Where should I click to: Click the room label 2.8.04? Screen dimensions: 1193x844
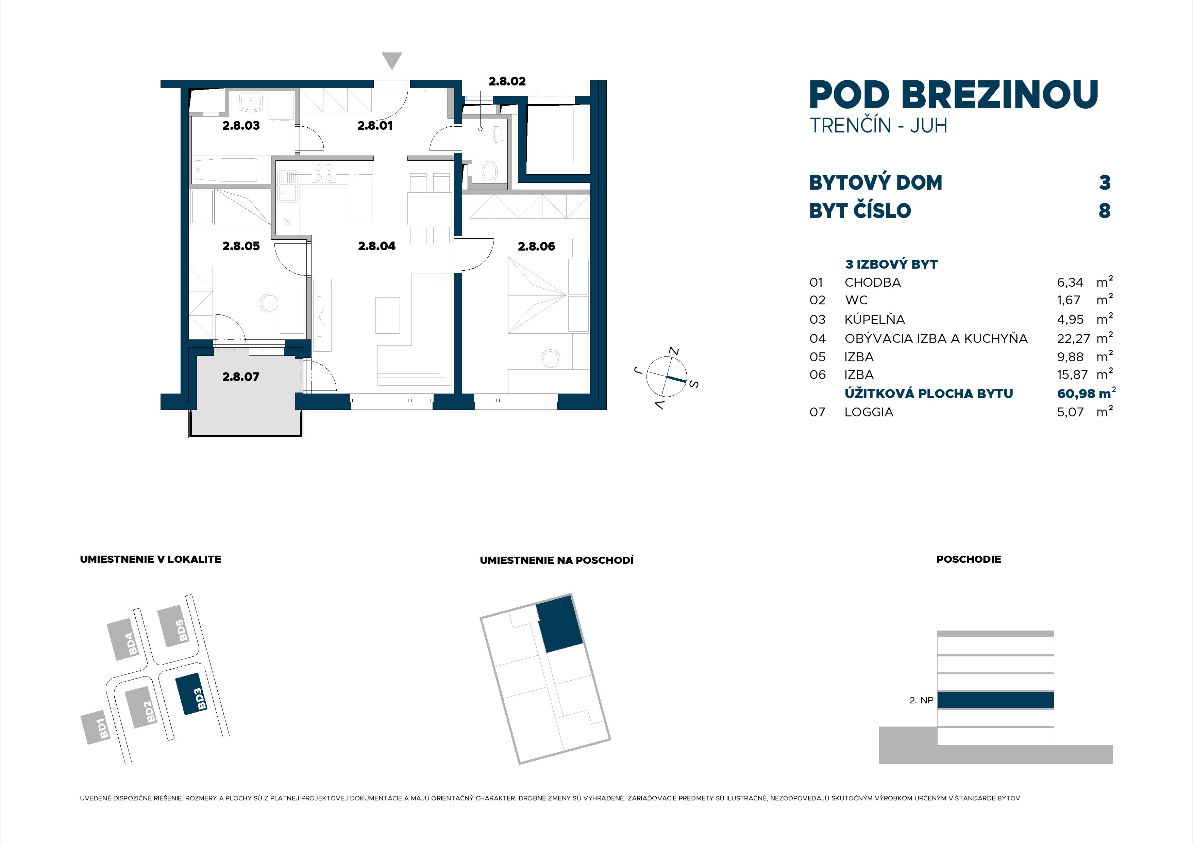tap(377, 246)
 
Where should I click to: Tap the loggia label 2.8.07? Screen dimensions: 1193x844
tap(240, 377)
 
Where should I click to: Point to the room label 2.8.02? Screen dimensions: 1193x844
tap(507, 81)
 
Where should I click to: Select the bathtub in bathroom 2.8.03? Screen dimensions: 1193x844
tap(226, 170)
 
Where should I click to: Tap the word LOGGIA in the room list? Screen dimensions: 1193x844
tap(869, 412)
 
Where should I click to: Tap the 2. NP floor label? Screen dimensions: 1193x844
tap(921, 700)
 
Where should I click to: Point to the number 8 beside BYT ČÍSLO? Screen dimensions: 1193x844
tap(1104, 211)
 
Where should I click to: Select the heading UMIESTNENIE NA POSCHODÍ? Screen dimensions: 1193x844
tap(556, 560)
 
